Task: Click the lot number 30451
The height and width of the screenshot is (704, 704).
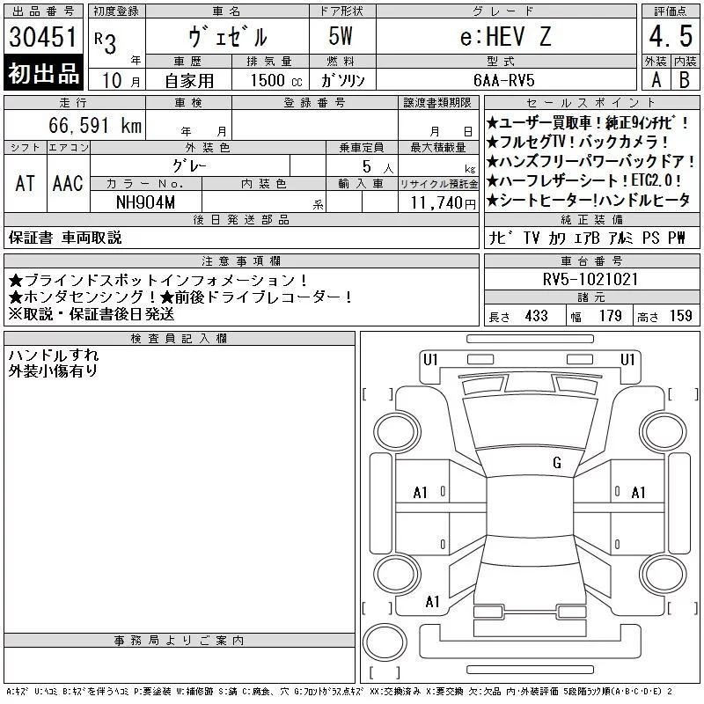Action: (43, 37)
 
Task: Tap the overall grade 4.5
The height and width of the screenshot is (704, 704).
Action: (671, 36)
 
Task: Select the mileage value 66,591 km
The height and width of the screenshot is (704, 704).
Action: (95, 125)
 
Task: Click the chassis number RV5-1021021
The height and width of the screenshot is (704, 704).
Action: (590, 279)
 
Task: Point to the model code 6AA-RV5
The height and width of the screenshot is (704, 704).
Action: (504, 80)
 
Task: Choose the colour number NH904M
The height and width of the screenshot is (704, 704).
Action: (145, 202)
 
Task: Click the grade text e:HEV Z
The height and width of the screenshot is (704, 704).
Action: (505, 37)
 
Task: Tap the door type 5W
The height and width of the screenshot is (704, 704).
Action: (341, 36)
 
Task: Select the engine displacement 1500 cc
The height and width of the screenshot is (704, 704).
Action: (276, 80)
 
